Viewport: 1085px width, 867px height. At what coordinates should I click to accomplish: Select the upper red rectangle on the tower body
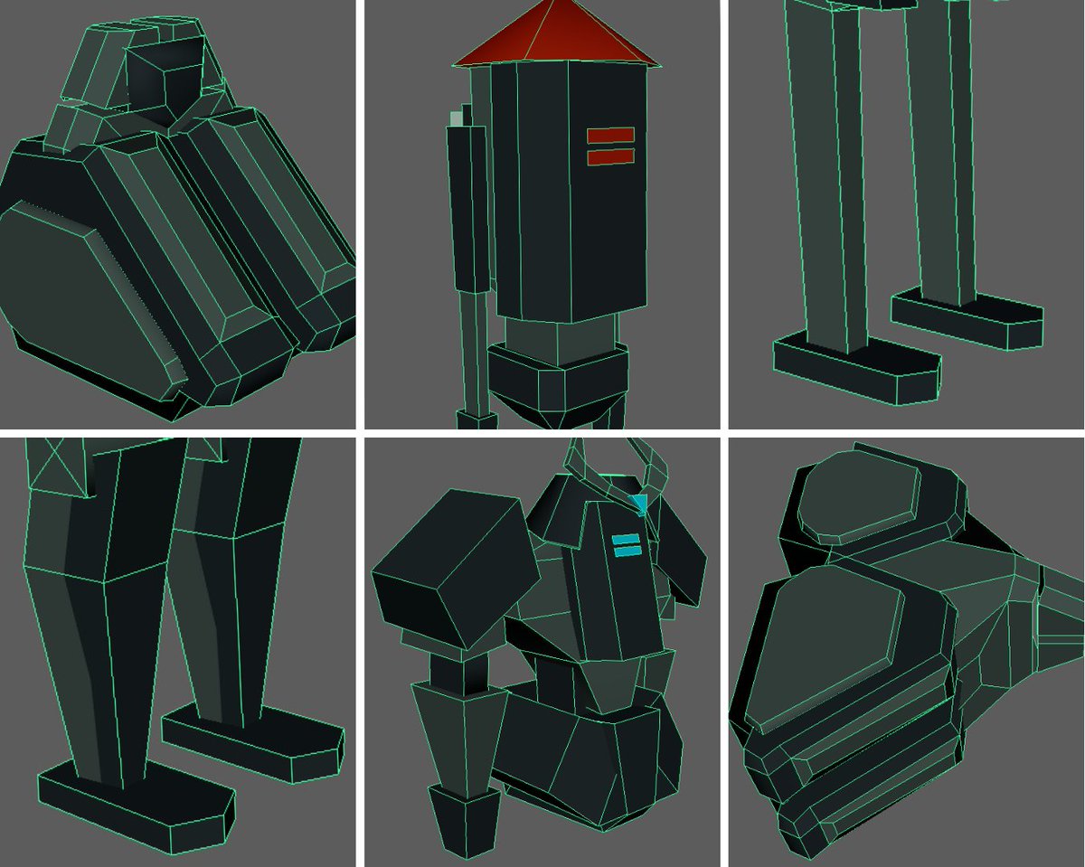[610, 136]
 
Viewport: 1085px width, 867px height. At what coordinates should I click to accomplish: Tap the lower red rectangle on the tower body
[610, 156]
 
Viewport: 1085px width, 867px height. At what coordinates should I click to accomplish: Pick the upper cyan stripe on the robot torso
[626, 539]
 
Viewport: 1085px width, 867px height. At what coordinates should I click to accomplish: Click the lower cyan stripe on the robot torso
[626, 551]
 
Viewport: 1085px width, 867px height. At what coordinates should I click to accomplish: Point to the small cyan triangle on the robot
[641, 504]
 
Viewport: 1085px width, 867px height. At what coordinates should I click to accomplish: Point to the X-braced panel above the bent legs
[60, 466]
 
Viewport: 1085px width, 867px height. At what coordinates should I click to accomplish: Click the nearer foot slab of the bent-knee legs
[136, 809]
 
